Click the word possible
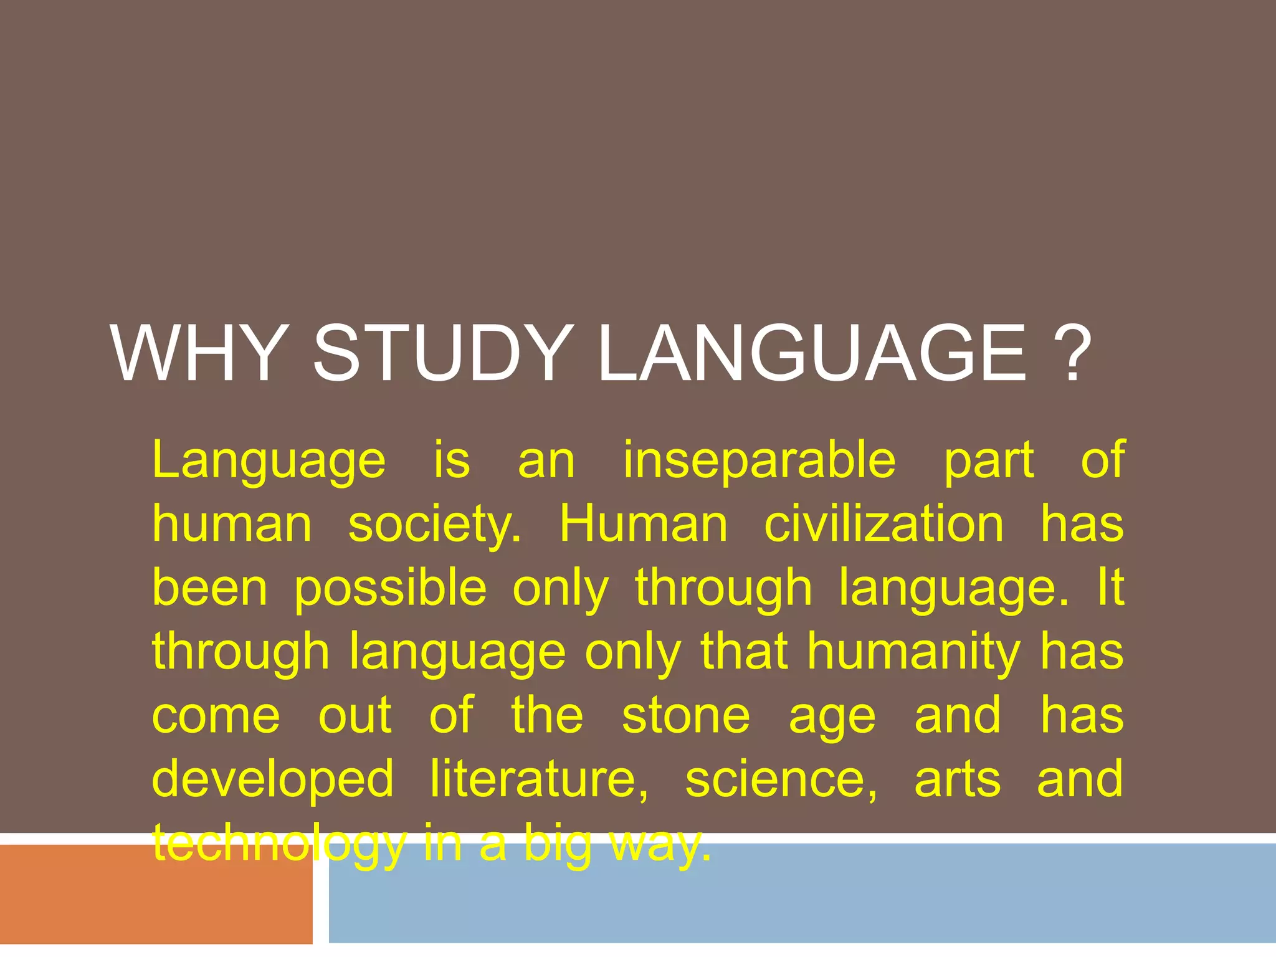391,589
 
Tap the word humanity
914,653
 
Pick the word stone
686,716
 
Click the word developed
273,780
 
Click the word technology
279,845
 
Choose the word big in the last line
558,845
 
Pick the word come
216,716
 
